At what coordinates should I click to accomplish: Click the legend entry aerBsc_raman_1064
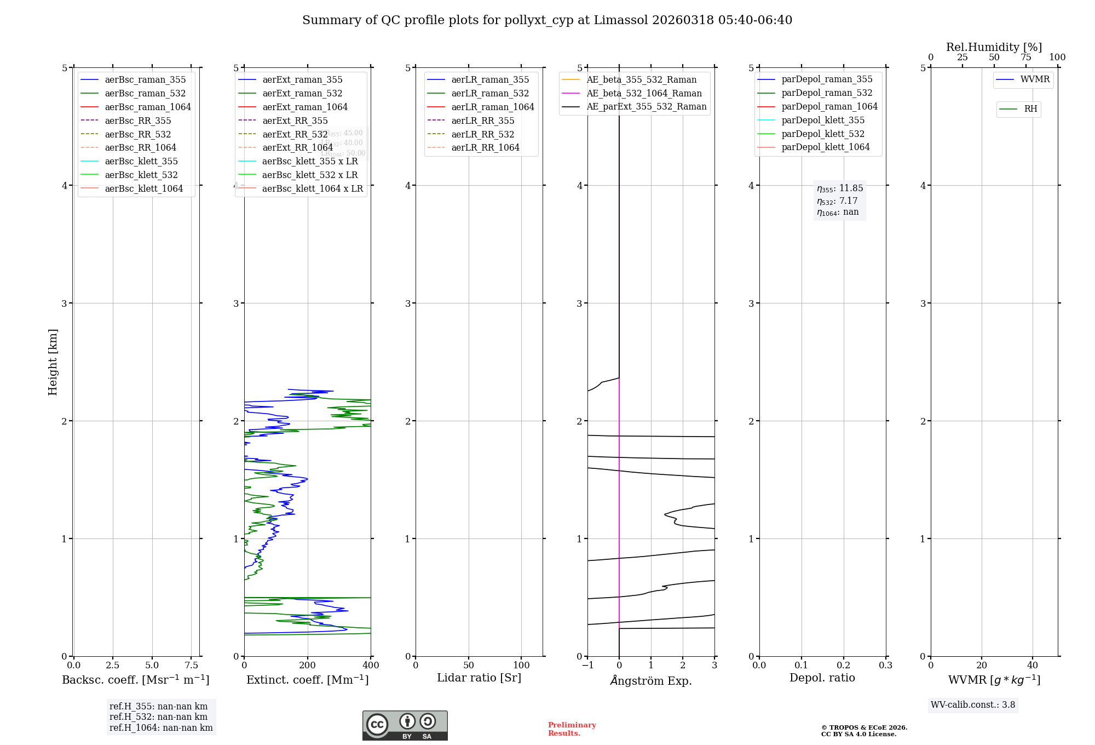point(148,107)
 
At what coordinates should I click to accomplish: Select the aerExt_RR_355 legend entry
point(295,121)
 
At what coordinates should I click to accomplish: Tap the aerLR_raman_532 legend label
point(490,93)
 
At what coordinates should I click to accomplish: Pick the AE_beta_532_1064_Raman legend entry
point(644,93)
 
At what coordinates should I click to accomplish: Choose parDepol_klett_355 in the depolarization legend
point(823,120)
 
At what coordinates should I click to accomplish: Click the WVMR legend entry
point(1035,79)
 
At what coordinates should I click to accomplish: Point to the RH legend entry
point(1030,109)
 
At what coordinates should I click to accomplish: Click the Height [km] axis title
point(53,362)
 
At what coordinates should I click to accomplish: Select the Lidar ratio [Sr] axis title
point(479,678)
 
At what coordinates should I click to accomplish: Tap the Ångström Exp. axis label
point(651,680)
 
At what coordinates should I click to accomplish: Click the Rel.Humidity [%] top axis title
point(994,47)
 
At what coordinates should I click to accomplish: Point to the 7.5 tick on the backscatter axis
point(191,665)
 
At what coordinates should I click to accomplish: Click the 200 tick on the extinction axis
point(308,665)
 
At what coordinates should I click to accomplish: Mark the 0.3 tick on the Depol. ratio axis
point(885,665)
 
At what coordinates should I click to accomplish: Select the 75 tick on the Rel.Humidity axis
point(1026,58)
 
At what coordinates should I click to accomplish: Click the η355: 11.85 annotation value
point(840,188)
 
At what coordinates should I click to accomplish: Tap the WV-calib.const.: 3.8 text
point(973,704)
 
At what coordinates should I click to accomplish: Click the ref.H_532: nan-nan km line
point(158,717)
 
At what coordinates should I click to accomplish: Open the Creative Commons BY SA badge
point(405,725)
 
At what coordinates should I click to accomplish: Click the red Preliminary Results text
point(572,729)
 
